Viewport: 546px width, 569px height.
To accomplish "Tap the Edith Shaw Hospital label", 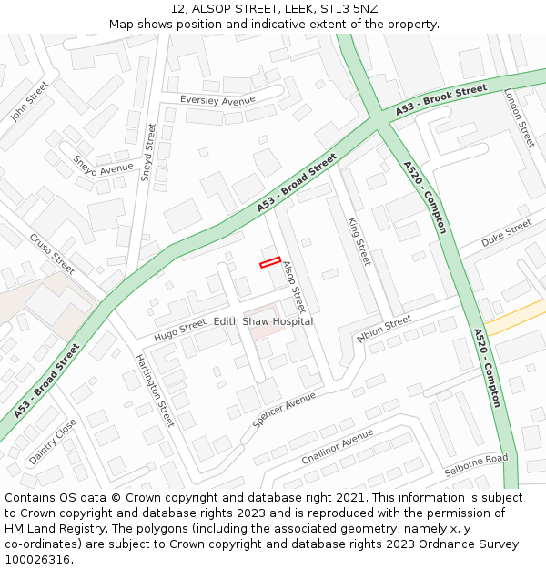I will (x=263, y=321).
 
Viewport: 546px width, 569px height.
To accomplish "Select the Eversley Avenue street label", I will (x=217, y=100).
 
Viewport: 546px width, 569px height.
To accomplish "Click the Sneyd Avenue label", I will (x=103, y=164).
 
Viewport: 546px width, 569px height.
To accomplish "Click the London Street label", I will (x=520, y=118).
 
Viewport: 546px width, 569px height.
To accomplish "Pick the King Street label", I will (x=360, y=241).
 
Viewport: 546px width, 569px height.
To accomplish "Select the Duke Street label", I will (x=506, y=234).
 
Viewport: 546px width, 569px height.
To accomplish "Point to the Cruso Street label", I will (x=52, y=254).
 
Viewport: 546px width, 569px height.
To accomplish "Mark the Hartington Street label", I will (x=154, y=391).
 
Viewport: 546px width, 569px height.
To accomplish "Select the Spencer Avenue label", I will (x=285, y=410).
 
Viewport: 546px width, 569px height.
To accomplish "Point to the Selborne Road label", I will (x=476, y=464).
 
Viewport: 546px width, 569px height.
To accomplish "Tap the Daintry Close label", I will (x=52, y=442).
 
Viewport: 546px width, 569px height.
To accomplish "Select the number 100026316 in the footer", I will (x=39, y=559).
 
